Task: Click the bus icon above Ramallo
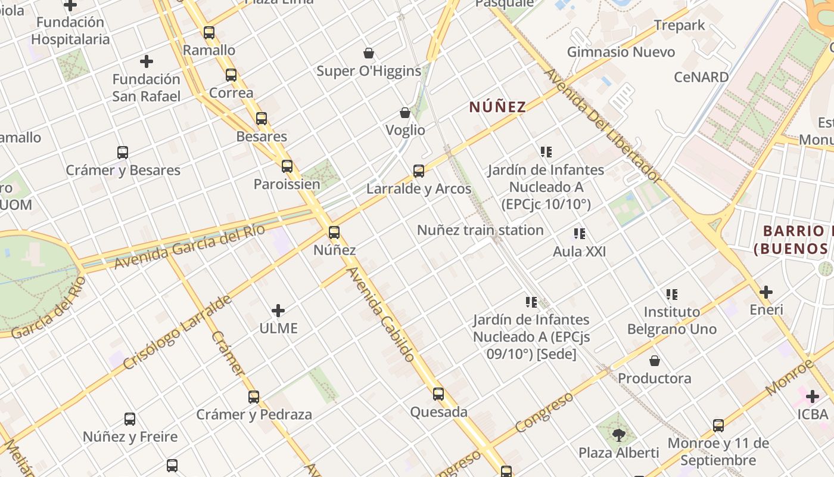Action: [x=208, y=33]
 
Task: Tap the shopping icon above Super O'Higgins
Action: [x=369, y=53]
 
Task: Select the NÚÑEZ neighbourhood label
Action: [x=497, y=107]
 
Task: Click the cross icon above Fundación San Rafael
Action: [x=147, y=61]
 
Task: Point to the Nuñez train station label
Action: [x=480, y=230]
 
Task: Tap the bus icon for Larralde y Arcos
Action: [x=419, y=171]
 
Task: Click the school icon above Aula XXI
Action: [x=579, y=234]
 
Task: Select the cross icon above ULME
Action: [x=278, y=311]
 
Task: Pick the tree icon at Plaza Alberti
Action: [x=619, y=435]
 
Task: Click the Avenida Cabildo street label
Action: [x=381, y=315]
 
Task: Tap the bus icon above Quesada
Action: [x=438, y=394]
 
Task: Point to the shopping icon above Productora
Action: [x=654, y=361]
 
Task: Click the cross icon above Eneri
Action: [x=766, y=292]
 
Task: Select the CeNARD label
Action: [x=701, y=77]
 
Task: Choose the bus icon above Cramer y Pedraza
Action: [x=254, y=397]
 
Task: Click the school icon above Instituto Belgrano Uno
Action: [x=672, y=294]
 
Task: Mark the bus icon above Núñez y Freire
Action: [x=130, y=419]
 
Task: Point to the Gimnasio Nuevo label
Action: [x=621, y=52]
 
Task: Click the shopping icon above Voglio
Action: [x=405, y=113]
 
